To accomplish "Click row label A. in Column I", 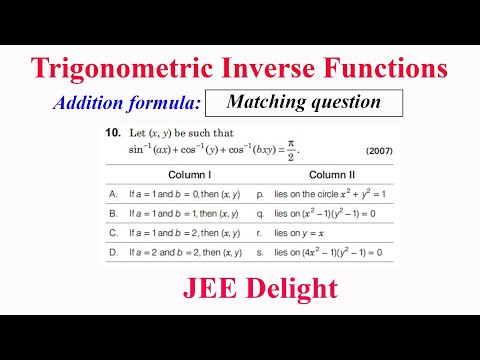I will [x=113, y=192].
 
